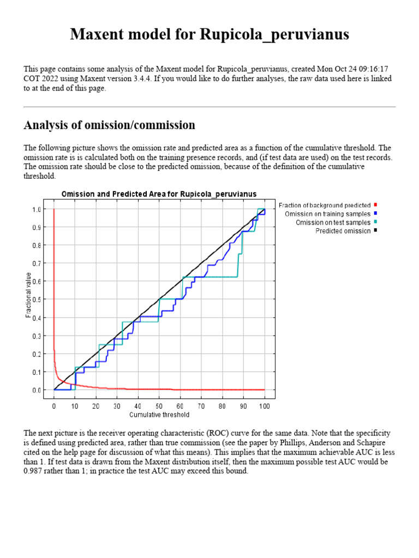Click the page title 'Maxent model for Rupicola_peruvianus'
pos(209,35)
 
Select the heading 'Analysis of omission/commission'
pos(109,125)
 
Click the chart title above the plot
pos(159,194)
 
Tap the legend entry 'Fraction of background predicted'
pos(325,205)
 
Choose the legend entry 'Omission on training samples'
pos(327,214)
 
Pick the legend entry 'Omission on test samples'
pos(333,222)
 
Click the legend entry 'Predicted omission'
pos(343,231)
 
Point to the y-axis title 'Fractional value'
pos(28,299)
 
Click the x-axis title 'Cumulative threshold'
pos(159,415)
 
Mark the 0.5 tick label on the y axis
pos(37,300)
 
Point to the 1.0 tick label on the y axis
pos(37,209)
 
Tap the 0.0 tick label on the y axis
pos(37,391)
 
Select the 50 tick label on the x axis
pos(159,407)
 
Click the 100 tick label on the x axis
pos(265,407)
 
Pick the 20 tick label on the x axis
pos(96,407)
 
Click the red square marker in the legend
pos(376,205)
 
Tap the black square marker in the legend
pos(376,231)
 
